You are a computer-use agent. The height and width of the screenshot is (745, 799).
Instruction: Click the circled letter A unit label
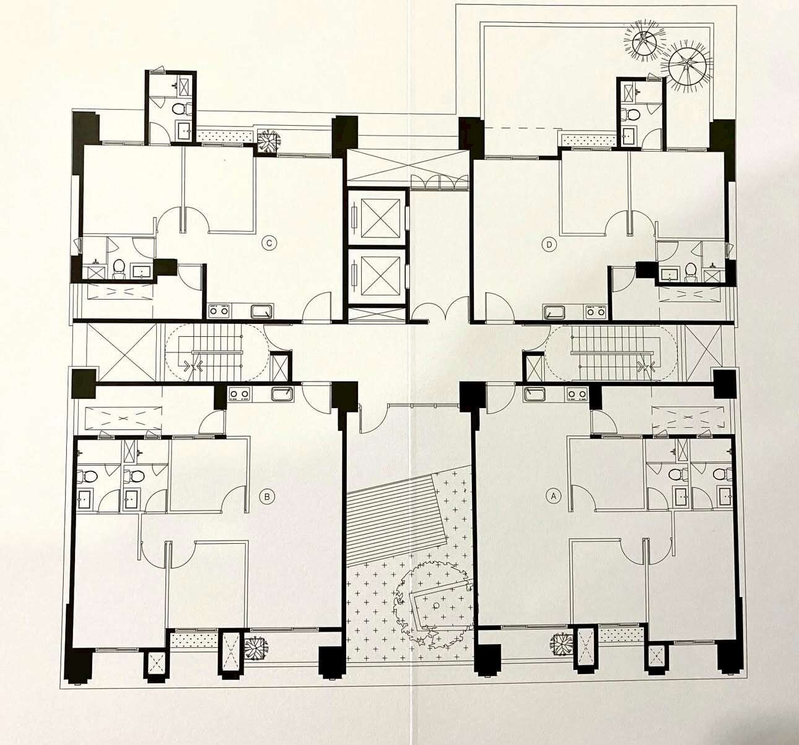point(553,496)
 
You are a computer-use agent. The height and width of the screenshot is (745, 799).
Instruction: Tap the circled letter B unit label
point(267,497)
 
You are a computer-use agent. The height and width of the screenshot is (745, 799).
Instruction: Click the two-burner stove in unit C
point(220,310)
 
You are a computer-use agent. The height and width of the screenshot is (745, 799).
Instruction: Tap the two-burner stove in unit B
point(239,393)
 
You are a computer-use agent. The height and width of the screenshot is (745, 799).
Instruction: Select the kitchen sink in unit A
point(535,393)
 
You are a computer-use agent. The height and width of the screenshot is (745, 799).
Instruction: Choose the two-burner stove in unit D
point(595,312)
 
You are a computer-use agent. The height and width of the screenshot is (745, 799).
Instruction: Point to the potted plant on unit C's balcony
point(267,141)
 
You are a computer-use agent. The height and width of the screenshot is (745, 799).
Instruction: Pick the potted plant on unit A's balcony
point(562,643)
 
